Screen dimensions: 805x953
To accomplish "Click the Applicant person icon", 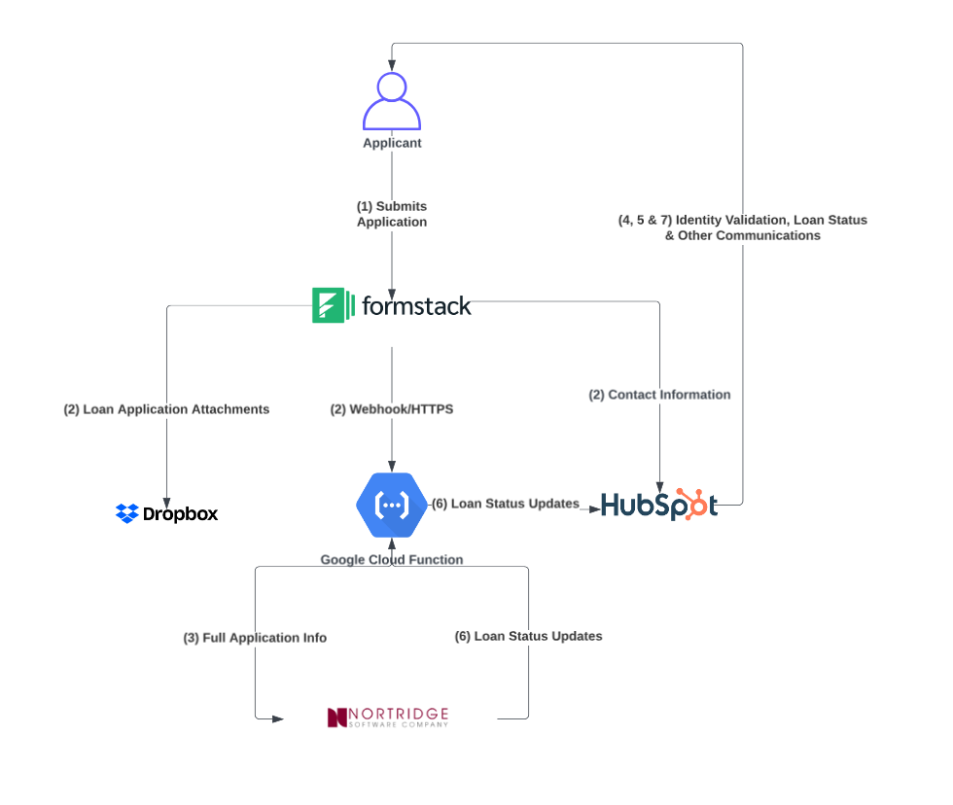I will [x=392, y=100].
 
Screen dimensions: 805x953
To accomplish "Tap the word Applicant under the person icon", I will [x=392, y=143].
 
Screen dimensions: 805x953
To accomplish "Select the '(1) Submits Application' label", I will [x=392, y=214].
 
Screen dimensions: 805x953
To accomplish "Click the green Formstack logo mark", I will [x=327, y=305].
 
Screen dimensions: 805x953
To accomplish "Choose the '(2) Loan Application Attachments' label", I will [x=166, y=409].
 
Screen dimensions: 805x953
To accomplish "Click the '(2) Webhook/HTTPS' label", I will [x=392, y=409].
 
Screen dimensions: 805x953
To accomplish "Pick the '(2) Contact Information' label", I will [x=659, y=395].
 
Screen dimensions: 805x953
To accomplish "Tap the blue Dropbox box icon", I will [x=126, y=513].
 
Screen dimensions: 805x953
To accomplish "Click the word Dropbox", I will [x=180, y=514].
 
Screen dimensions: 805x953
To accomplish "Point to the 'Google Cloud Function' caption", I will [x=392, y=559].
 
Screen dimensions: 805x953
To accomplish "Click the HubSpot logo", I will [x=658, y=506].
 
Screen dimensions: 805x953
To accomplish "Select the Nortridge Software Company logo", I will [x=389, y=717].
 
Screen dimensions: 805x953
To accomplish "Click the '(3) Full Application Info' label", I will [x=255, y=638].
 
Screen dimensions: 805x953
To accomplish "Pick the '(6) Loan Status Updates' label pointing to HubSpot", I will [x=505, y=504].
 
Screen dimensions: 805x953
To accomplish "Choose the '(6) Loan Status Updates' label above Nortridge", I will [x=528, y=636].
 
